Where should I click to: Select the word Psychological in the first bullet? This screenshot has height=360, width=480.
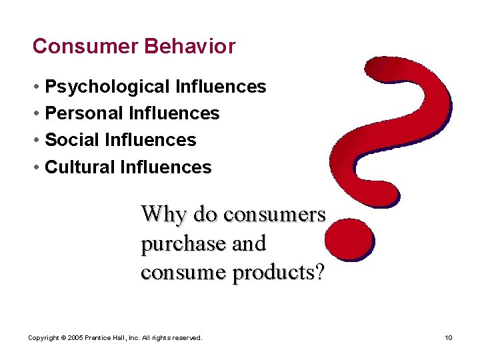coord(107,87)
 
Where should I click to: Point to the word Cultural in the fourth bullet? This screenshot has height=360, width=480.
coord(79,167)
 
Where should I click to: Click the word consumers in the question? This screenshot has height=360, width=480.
coord(274,215)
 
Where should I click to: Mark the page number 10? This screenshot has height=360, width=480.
coord(449,338)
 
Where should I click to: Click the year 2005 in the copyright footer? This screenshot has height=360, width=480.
coord(75,338)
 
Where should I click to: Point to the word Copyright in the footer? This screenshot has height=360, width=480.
coord(42,338)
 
